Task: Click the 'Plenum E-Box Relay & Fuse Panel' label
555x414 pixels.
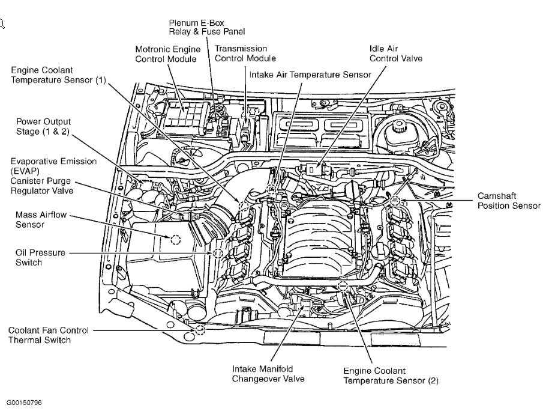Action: point(206,26)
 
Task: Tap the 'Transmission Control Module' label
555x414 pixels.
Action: point(245,53)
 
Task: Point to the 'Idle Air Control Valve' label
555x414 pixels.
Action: point(395,53)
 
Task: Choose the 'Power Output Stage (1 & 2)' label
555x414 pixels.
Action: point(43,127)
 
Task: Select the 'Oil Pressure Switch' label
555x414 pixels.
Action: point(40,258)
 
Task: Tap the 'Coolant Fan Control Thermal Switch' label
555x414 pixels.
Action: point(49,335)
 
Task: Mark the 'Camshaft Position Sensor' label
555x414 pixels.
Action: point(509,201)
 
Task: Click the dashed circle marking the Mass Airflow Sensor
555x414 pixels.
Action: point(175,239)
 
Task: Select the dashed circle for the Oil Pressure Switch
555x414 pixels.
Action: point(218,254)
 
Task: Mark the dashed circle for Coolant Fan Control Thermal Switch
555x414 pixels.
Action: point(200,330)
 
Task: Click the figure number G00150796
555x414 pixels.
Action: point(25,402)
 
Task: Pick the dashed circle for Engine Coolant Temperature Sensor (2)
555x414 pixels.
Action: point(343,286)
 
